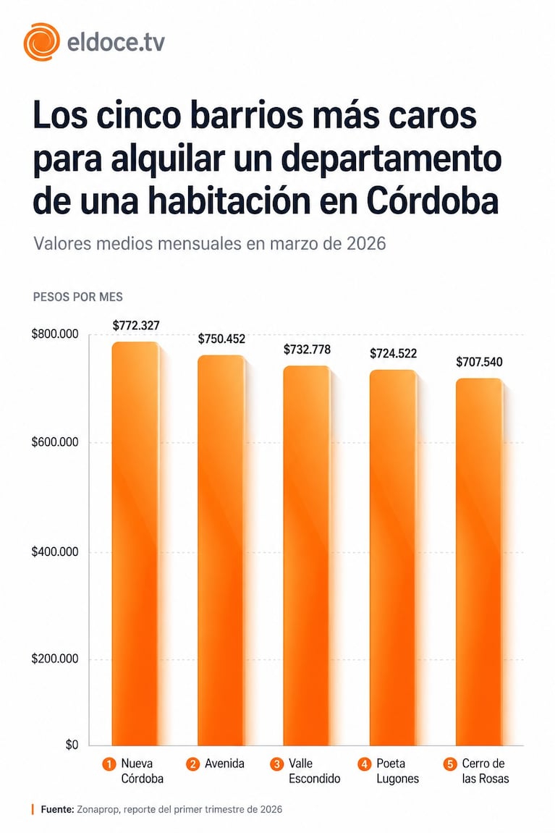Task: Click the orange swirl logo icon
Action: pyautogui.click(x=41, y=42)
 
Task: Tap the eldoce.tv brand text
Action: pyautogui.click(x=115, y=43)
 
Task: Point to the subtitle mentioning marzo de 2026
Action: pyautogui.click(x=210, y=243)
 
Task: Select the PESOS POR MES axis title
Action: pyautogui.click(x=78, y=297)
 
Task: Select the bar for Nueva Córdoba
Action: pyautogui.click(x=135, y=543)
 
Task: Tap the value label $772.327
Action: pyautogui.click(x=136, y=326)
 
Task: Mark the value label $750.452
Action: pyautogui.click(x=222, y=339)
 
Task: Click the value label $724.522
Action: pyautogui.click(x=393, y=354)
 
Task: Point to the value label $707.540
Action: pyautogui.click(x=479, y=362)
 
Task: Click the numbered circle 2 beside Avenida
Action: pyautogui.click(x=194, y=764)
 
